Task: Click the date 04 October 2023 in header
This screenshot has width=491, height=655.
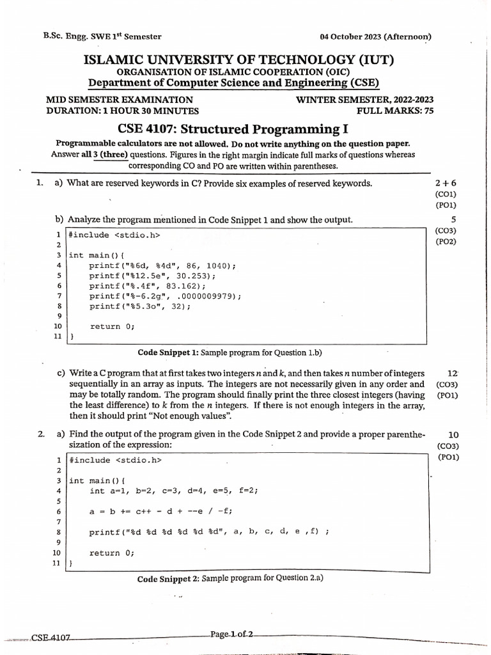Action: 355,36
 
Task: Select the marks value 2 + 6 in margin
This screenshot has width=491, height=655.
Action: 445,184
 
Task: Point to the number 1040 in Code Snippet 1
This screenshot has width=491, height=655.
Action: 218,265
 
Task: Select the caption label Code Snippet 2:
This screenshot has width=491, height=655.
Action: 168,579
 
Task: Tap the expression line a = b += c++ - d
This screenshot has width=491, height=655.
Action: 160,510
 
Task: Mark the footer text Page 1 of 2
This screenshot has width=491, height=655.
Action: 231,635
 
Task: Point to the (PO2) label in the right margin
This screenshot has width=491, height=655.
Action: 445,242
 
